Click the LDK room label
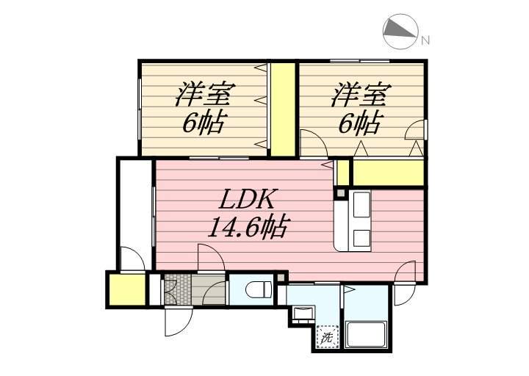point(247,199)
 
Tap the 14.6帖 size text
point(248,226)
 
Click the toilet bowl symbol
point(259,290)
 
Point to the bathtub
point(366,334)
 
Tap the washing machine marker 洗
point(327,336)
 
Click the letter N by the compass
point(425,40)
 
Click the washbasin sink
point(302,314)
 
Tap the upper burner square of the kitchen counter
point(361,205)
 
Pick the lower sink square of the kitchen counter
point(361,239)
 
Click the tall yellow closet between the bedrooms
point(283,109)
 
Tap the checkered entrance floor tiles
point(178,289)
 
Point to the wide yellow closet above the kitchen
point(388,173)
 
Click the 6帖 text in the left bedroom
point(204,123)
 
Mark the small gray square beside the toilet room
point(281,278)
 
